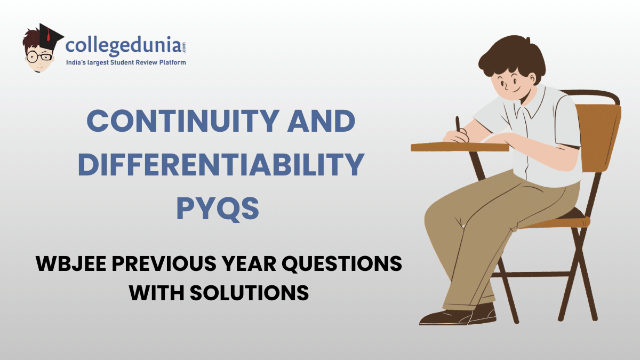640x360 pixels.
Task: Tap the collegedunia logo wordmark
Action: tap(126, 46)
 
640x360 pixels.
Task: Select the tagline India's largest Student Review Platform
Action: tap(126, 63)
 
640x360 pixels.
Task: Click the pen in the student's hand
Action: tap(458, 125)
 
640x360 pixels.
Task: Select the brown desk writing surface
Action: tap(459, 147)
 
